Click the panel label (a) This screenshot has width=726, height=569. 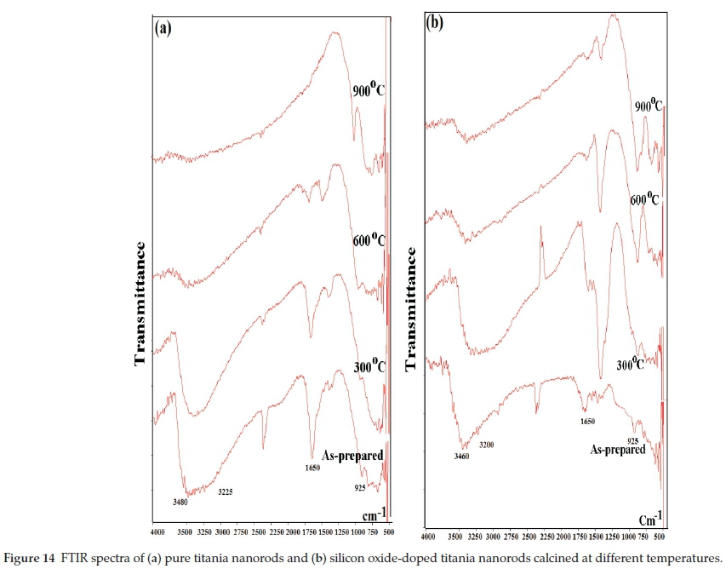tap(163, 27)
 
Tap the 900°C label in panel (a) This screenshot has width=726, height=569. tap(369, 89)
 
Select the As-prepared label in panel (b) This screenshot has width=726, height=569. tap(618, 449)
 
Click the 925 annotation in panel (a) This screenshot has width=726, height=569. tap(362, 488)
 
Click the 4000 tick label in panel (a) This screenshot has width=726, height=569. tap(157, 532)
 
